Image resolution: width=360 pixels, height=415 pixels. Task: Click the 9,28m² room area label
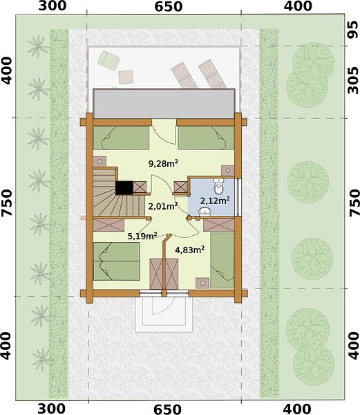pos(163,163)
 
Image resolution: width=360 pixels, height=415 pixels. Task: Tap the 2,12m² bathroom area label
pos(215,201)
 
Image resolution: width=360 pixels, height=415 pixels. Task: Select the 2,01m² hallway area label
pos(162,205)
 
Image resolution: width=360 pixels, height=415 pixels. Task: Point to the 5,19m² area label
pos(142,235)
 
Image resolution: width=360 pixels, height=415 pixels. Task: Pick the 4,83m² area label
pos(190,250)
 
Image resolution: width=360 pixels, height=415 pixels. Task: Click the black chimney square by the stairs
pos(124,187)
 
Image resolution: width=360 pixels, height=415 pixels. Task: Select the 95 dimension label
pos(352,30)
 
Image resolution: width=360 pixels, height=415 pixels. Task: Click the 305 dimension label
pos(352,80)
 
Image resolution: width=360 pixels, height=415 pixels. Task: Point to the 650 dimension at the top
pos(169,6)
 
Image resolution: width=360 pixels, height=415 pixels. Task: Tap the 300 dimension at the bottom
pos(51,409)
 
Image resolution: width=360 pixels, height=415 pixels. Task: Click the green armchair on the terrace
pos(108,60)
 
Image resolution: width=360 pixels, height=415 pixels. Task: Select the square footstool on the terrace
pos(126,77)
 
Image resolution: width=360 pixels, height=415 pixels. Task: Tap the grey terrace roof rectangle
pos(164,104)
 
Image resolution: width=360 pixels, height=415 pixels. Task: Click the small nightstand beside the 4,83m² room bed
pos(202,283)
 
